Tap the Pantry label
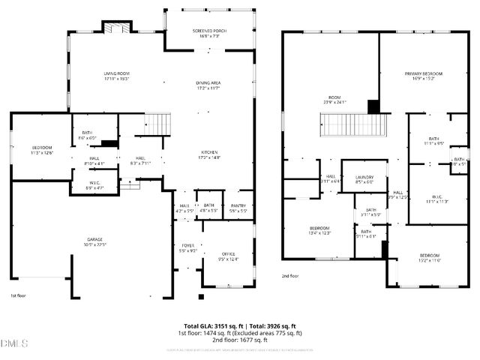pyautogui.click(x=238, y=208)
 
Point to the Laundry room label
pyautogui.click(x=364, y=178)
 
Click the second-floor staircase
pyautogui.click(x=352, y=124)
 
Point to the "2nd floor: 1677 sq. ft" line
pyautogui.click(x=240, y=339)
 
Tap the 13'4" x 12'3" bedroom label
pyautogui.click(x=320, y=230)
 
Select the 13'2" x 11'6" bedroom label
pyautogui.click(x=429, y=257)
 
